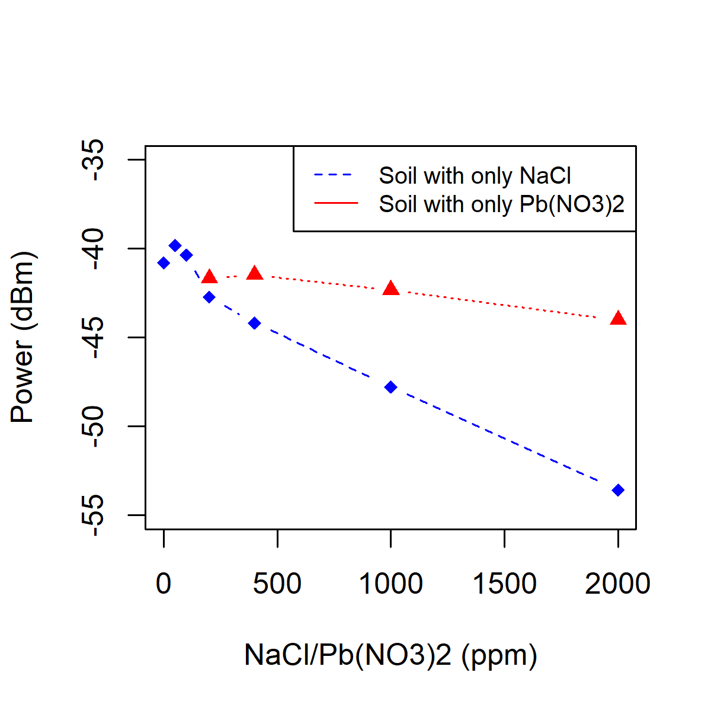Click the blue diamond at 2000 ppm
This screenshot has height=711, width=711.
tap(618, 490)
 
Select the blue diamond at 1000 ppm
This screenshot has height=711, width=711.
tap(390, 387)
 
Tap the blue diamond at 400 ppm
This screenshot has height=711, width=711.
tap(255, 323)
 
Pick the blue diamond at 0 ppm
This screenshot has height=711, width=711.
tap(164, 263)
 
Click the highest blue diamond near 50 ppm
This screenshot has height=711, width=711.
tap(175, 245)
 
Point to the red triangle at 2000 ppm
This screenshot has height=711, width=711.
tap(618, 319)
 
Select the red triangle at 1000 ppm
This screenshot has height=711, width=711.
tap(390, 289)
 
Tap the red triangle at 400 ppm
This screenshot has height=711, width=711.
tap(255, 274)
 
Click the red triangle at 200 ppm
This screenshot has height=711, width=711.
tap(209, 277)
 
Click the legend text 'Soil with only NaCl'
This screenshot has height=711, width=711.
tap(475, 176)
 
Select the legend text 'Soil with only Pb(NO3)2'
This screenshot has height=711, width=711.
tap(501, 204)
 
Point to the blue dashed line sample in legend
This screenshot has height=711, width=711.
tap(336, 175)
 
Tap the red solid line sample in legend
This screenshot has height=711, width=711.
tap(336, 204)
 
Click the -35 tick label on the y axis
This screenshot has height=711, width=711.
tap(94, 160)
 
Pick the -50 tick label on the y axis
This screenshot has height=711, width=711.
tap(94, 426)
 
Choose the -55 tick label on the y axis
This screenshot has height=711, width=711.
tap(94, 515)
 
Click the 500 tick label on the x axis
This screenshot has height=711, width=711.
tap(277, 584)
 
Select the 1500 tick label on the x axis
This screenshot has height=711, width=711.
tap(504, 584)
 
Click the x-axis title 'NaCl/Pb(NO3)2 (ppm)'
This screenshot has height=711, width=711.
tap(390, 655)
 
